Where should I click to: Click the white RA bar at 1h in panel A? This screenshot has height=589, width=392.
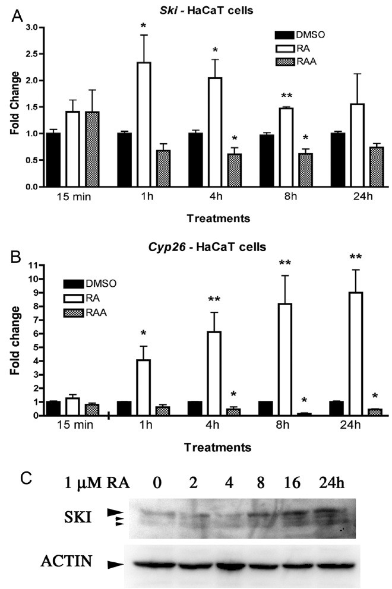click(x=144, y=124)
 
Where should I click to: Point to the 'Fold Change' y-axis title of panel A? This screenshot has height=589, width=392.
click(x=13, y=104)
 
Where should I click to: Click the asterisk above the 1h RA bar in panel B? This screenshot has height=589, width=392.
click(x=143, y=327)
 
